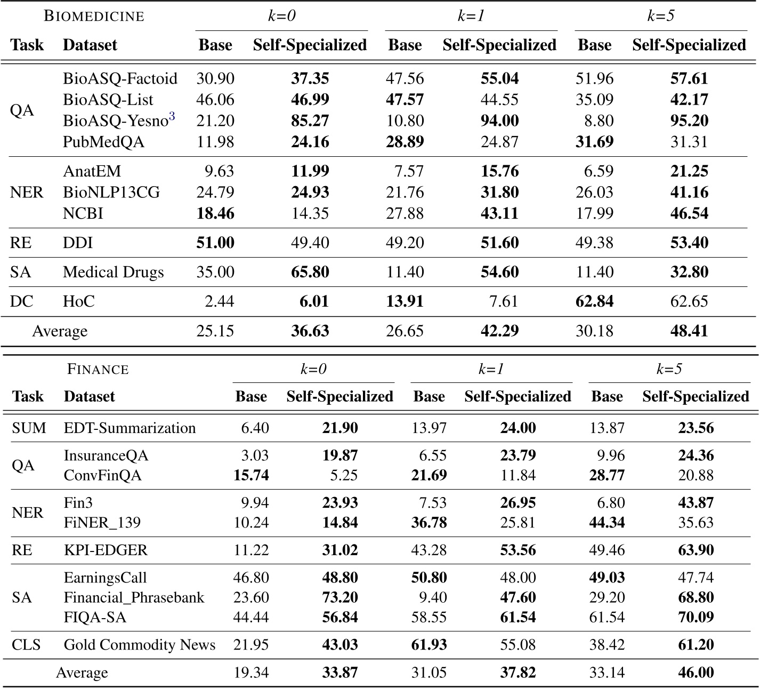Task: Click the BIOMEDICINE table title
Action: tap(94, 16)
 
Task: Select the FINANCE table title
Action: tap(98, 369)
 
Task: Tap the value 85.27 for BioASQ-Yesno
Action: tap(310, 121)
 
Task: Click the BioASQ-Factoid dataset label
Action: tap(120, 78)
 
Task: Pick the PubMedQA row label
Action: tap(103, 142)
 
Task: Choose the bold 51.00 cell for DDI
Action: tap(215, 243)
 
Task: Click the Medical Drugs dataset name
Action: tap(113, 272)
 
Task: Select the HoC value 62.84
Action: tap(594, 301)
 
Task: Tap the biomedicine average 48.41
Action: tap(689, 331)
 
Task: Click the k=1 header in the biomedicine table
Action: tap(471, 16)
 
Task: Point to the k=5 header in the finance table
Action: tap(669, 369)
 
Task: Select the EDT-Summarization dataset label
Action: tap(130, 428)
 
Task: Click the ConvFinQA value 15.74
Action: tap(251, 475)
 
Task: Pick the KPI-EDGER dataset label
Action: tap(106, 550)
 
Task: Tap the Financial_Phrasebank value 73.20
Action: tap(340, 597)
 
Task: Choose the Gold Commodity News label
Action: tap(140, 645)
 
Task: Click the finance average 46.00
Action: tap(696, 673)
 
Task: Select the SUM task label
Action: tap(29, 428)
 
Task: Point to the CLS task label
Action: tap(26, 645)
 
